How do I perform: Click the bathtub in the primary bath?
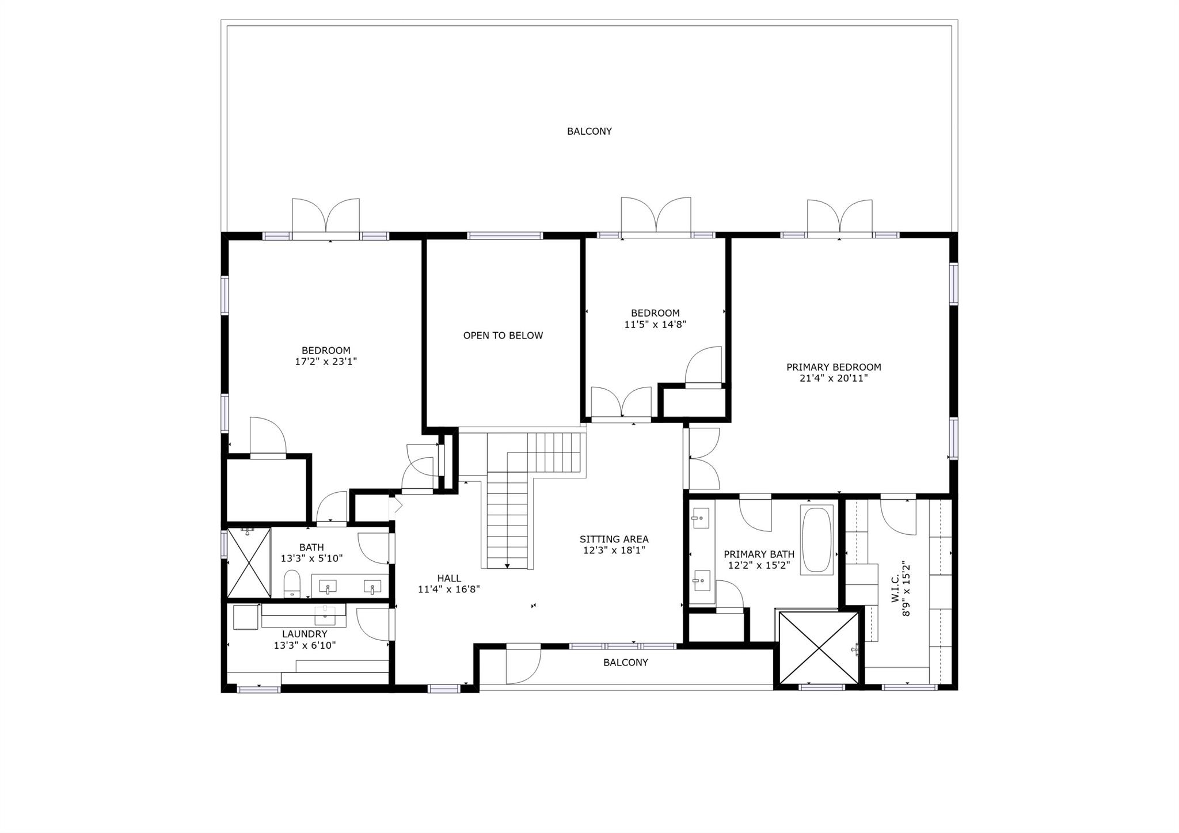816,539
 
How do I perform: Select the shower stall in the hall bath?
249,562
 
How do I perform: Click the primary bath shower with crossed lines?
818,647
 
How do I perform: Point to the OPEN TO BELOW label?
503,336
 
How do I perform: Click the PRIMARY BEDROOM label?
833,367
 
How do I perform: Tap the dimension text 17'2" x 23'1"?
326,362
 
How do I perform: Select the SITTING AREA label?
614,539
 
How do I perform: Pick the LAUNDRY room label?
305,634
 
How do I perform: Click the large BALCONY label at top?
589,131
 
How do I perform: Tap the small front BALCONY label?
625,663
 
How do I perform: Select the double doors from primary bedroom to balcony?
839,219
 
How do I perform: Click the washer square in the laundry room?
245,617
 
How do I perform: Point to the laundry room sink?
326,614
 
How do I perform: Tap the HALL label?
448,579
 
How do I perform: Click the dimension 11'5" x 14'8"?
655,324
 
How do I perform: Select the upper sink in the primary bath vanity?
700,519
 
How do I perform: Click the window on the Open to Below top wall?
504,235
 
